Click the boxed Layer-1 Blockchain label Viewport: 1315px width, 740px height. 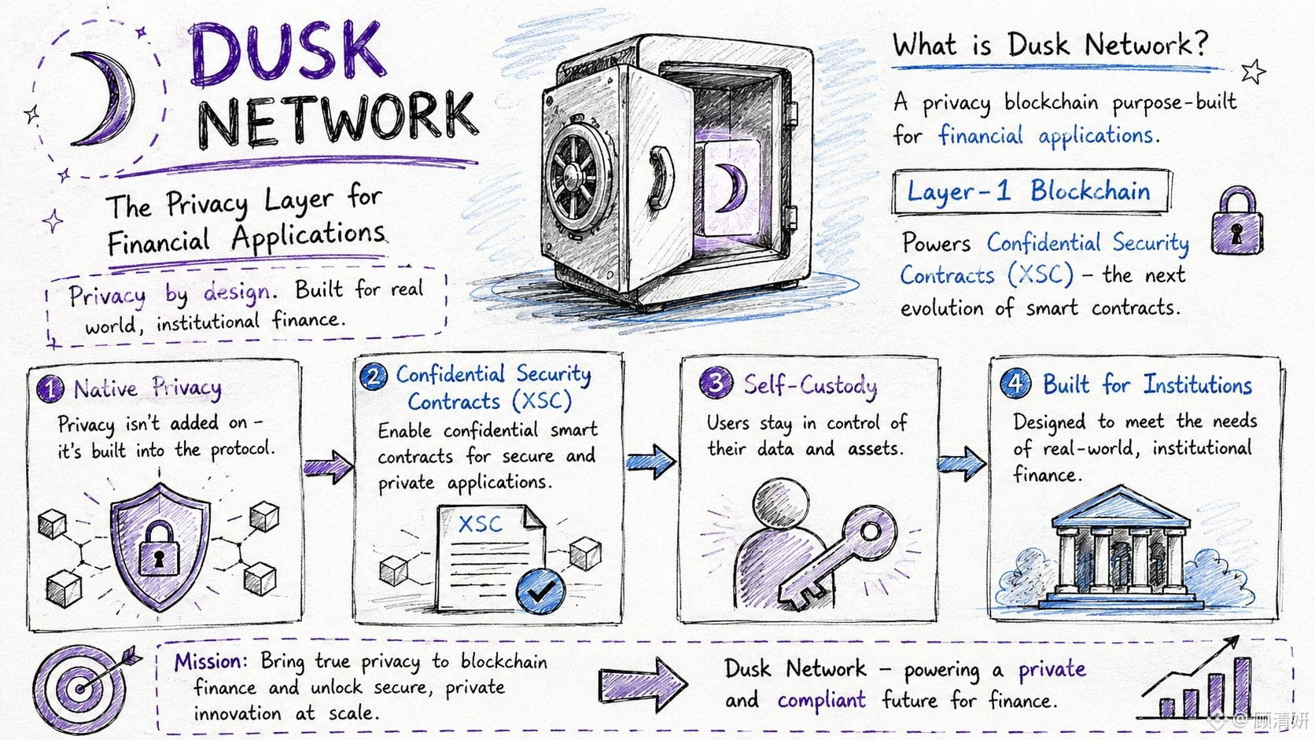pos(1030,192)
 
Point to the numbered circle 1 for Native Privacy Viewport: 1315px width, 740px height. pos(50,388)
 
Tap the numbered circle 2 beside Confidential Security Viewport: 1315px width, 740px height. pos(374,376)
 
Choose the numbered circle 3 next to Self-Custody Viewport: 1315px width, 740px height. pos(716,383)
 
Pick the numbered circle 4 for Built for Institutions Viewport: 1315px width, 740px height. pos(1015,384)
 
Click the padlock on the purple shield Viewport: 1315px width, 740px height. pos(159,549)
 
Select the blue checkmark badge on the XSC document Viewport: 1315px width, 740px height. pos(540,591)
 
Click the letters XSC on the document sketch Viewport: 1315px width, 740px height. pos(481,524)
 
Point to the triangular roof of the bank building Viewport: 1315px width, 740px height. pos(1120,507)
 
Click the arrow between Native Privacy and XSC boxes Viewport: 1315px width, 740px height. pos(328,466)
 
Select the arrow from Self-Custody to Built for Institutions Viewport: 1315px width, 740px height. pos(961,464)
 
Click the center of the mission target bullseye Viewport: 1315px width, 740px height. pos(79,689)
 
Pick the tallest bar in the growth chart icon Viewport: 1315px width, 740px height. pos(1242,688)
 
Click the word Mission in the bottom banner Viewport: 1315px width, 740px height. pos(208,662)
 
